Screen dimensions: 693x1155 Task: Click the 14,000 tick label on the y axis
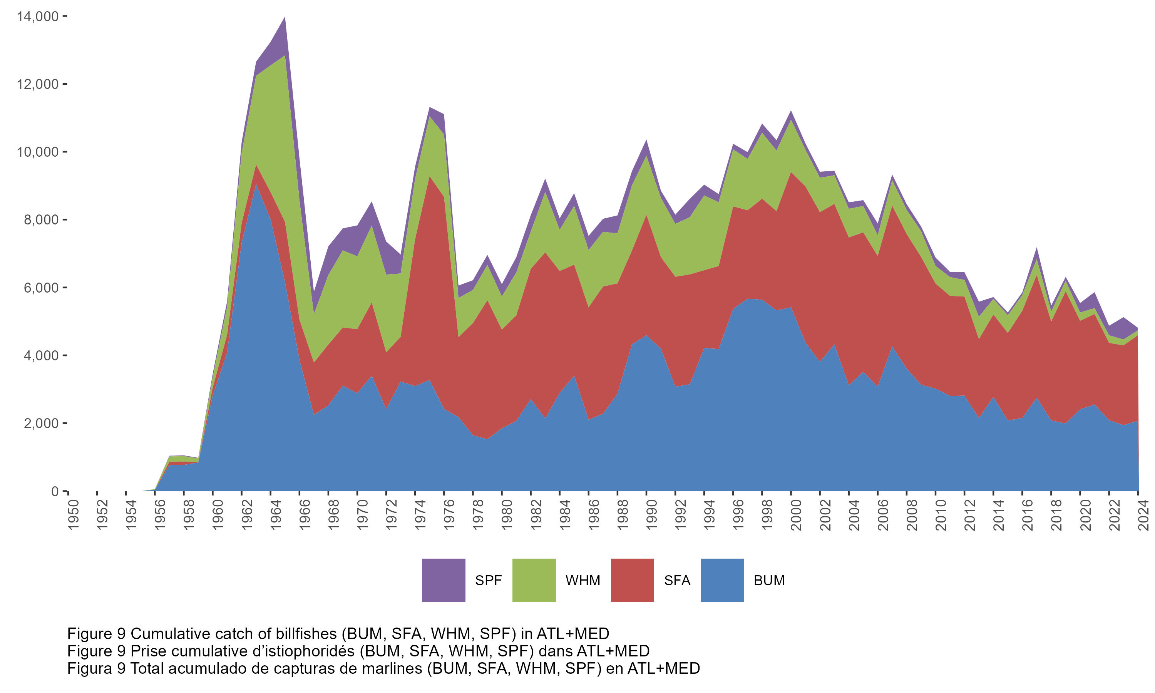[37, 17]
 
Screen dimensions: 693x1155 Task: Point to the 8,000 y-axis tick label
[41, 220]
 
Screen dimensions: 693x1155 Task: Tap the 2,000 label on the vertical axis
[41, 423]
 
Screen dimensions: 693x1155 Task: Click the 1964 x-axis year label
[276, 515]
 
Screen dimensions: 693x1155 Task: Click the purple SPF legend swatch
[444, 580]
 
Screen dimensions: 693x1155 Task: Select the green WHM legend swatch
[534, 580]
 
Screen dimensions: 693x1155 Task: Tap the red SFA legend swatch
[632, 580]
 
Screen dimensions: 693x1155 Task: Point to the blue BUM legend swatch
[722, 580]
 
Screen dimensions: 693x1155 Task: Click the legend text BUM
[769, 581]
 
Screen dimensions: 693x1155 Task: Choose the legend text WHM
[583, 581]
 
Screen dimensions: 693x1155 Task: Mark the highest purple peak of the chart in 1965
[285, 19]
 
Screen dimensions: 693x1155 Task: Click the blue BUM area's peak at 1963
[256, 186]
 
